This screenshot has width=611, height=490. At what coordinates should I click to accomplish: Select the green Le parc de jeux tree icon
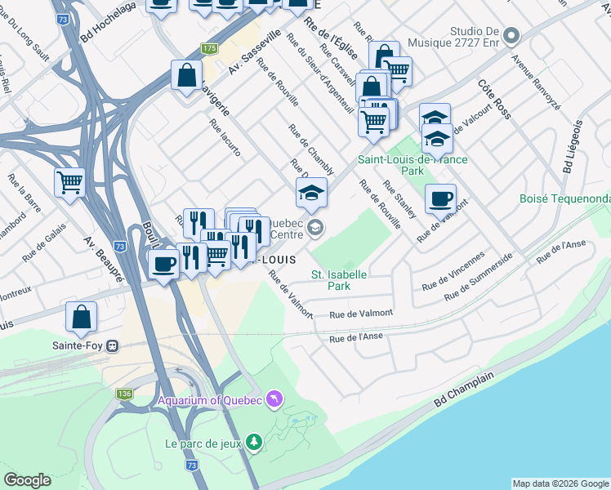point(255,442)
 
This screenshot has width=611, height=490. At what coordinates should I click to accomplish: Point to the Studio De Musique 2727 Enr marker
point(511,35)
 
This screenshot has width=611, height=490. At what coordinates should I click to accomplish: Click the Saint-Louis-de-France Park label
point(413,165)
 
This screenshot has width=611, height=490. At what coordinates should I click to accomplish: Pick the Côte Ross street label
point(494,100)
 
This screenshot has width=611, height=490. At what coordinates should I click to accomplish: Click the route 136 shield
point(124,394)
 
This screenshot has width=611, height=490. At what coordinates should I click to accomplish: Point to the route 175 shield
point(210,49)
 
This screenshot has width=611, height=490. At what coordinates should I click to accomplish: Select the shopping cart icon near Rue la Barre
point(69,182)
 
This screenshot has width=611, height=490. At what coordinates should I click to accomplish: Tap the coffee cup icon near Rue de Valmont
point(440,198)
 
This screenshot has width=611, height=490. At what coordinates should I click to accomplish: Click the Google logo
point(28,480)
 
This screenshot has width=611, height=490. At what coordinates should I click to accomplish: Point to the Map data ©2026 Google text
point(560,483)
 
